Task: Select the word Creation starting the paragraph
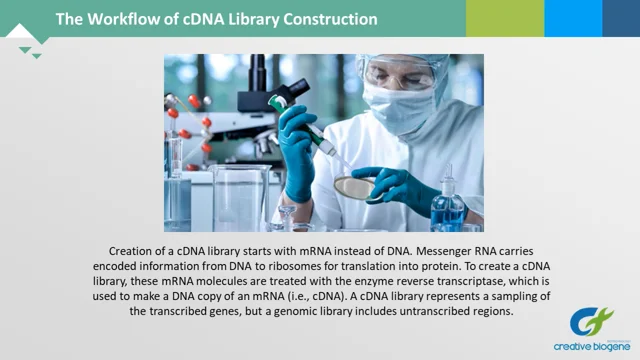pos(135,250)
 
